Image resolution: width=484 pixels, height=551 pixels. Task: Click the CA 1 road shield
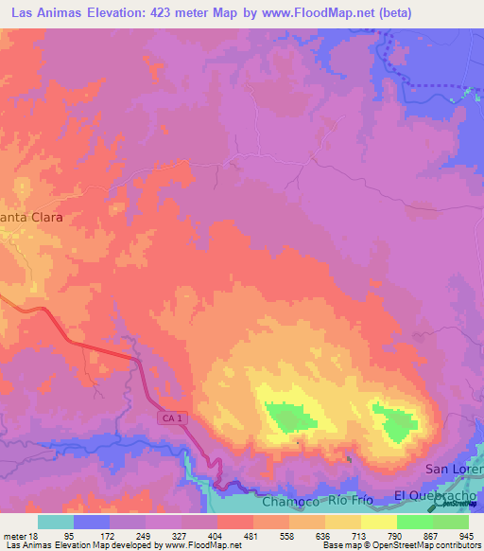(168, 418)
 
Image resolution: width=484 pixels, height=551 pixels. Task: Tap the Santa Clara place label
(32, 217)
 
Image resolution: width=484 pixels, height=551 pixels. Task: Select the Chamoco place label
(288, 499)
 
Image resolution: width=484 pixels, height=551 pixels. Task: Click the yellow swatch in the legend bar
(378, 522)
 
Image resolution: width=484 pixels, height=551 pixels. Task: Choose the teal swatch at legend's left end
(56, 522)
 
